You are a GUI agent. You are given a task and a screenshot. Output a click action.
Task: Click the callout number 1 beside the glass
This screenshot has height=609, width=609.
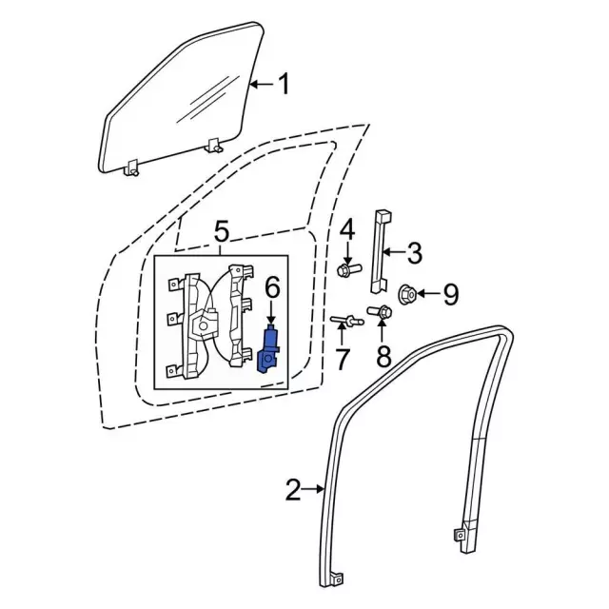tap(284, 85)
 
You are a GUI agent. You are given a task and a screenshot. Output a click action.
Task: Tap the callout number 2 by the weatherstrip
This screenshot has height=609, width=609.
tap(293, 489)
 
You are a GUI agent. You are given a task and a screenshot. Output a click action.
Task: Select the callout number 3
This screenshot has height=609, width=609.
tap(414, 253)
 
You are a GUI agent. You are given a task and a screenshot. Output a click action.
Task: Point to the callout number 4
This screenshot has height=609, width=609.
tap(347, 230)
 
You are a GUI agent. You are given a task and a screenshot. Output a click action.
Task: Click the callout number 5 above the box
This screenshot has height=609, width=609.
tap(222, 232)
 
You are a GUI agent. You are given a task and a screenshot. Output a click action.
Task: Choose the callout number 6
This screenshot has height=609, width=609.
tap(272, 289)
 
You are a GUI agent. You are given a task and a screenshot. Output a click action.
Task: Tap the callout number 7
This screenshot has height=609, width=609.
tap(342, 359)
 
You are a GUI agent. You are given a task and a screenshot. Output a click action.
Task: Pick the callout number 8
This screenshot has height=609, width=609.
tap(383, 357)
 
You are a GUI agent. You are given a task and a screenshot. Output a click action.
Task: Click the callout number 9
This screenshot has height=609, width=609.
tap(450, 294)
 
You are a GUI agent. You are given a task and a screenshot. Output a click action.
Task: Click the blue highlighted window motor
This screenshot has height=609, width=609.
tap(267, 349)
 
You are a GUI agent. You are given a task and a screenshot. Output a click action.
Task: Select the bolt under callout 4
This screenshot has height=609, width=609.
tap(349, 269)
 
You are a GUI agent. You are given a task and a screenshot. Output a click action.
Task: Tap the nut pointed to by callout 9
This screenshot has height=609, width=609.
tap(407, 294)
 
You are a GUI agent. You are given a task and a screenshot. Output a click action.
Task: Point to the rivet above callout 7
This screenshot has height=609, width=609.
tap(346, 321)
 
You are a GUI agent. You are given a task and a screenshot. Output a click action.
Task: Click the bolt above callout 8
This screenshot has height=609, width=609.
tap(380, 311)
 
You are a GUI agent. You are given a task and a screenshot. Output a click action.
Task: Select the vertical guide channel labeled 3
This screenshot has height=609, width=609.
tap(380, 252)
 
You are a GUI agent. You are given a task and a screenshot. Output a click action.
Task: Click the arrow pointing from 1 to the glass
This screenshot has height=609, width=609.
tap(263, 84)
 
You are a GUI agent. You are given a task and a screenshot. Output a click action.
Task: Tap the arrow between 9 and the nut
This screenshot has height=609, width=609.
tap(427, 294)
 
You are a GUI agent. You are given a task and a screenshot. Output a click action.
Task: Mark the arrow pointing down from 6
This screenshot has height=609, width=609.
tap(271, 311)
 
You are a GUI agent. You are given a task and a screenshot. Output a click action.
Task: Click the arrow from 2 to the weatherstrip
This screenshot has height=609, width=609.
tap(313, 489)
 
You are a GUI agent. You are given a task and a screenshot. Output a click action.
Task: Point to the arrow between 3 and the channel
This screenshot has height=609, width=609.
tap(393, 252)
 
